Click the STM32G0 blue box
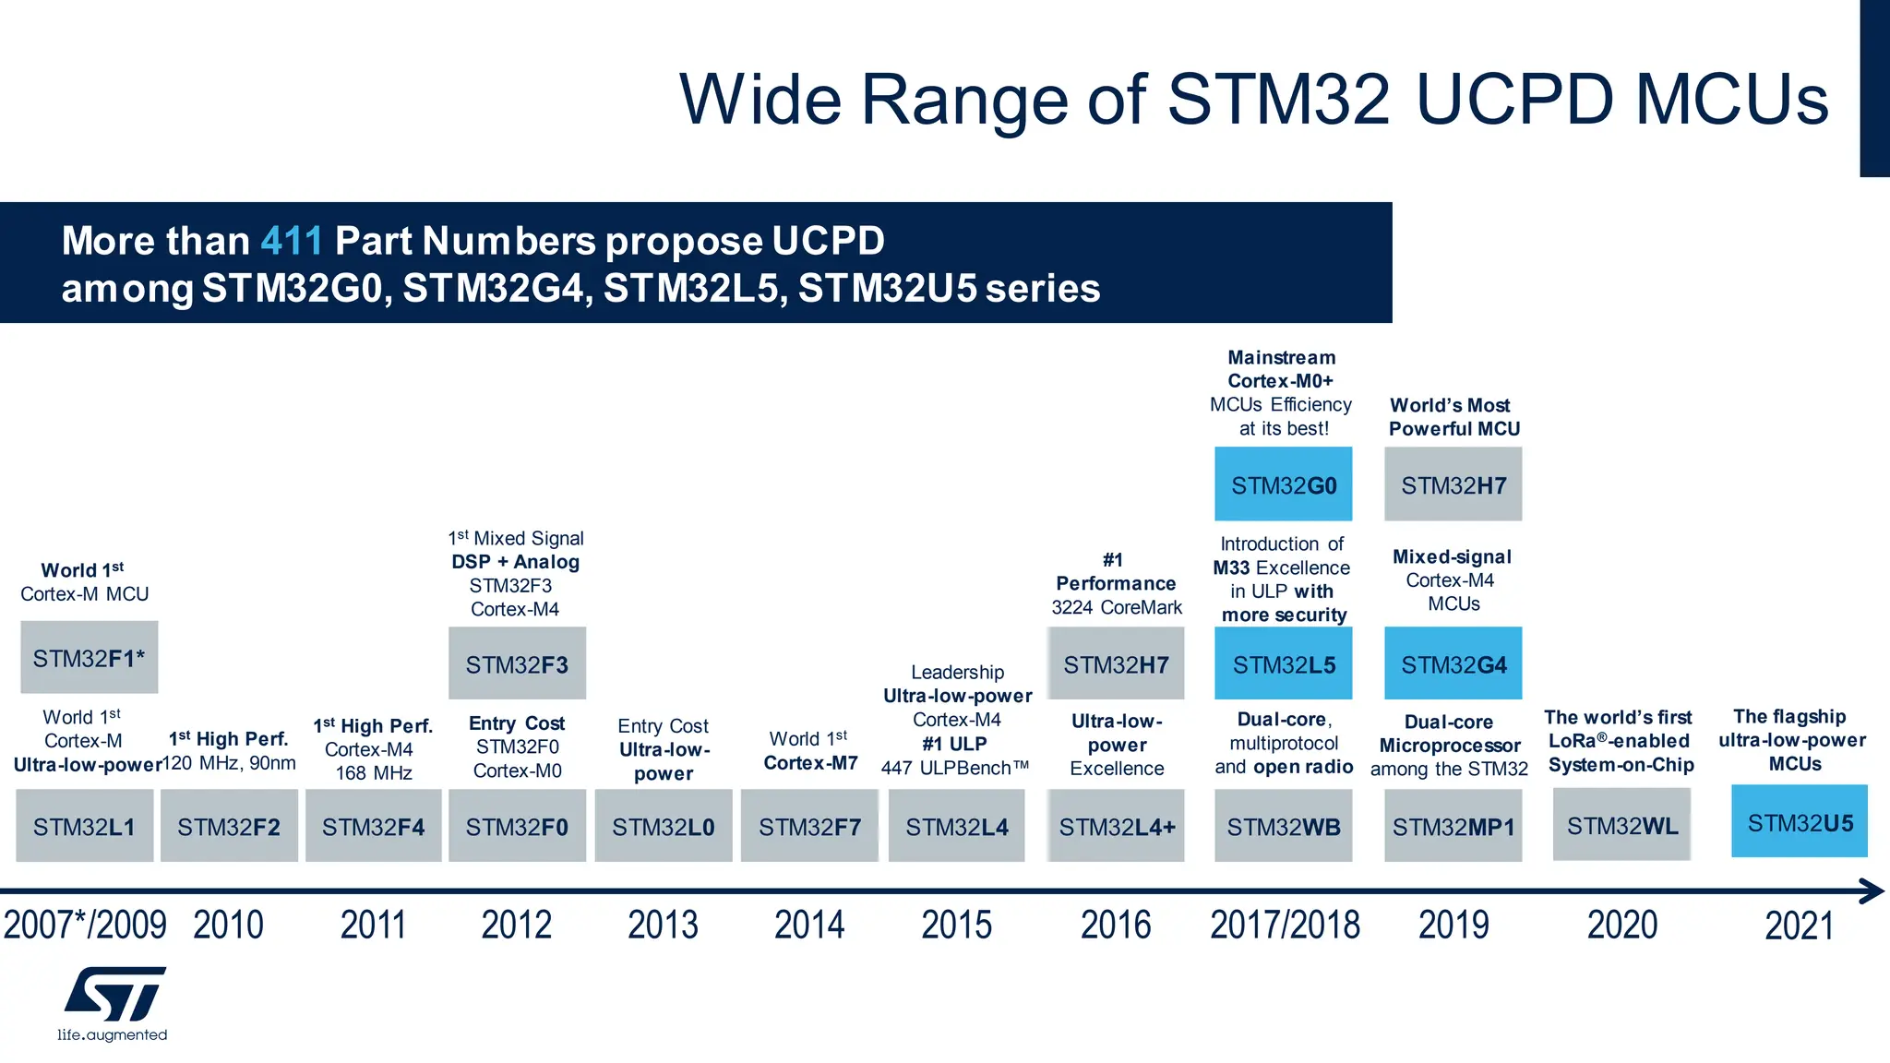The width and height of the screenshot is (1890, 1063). [x=1283, y=484]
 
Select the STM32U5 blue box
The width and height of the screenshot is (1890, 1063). [x=1799, y=822]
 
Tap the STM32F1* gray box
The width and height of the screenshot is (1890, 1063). [x=89, y=658]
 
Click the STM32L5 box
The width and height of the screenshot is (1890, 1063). [x=1283, y=664]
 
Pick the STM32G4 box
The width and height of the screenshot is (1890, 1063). [x=1453, y=664]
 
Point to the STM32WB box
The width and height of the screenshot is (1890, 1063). [x=1283, y=827]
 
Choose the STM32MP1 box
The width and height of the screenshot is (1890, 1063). [x=1453, y=827]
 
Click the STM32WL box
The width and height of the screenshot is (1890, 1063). [x=1621, y=825]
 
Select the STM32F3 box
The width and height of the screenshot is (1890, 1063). [x=517, y=664]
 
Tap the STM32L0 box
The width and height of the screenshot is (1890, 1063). [x=663, y=827]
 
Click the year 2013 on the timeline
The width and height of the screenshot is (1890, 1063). [x=663, y=925]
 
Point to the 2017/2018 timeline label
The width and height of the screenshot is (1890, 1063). [x=1285, y=925]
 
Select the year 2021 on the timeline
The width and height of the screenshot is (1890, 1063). [x=1799, y=926]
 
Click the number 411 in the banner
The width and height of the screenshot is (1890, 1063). [x=292, y=241]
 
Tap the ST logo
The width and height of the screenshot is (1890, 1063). [x=115, y=994]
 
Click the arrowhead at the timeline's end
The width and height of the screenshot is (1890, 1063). [x=1872, y=891]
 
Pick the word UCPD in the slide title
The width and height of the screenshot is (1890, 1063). [x=1514, y=100]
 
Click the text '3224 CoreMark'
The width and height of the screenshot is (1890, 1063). [x=1116, y=607]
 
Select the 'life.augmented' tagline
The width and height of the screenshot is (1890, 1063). [x=112, y=1035]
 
